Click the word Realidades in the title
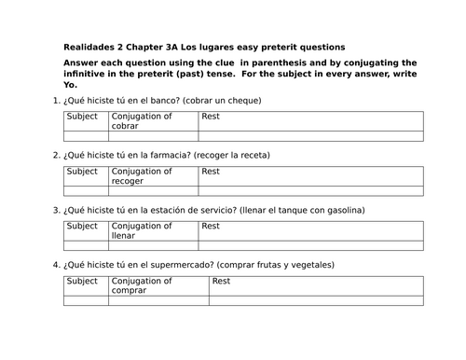coord(90,47)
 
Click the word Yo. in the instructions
coord(69,84)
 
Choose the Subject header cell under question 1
coord(82,117)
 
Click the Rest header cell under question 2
coord(211,172)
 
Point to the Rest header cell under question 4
coord(222,281)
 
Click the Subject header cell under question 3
coord(82,226)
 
